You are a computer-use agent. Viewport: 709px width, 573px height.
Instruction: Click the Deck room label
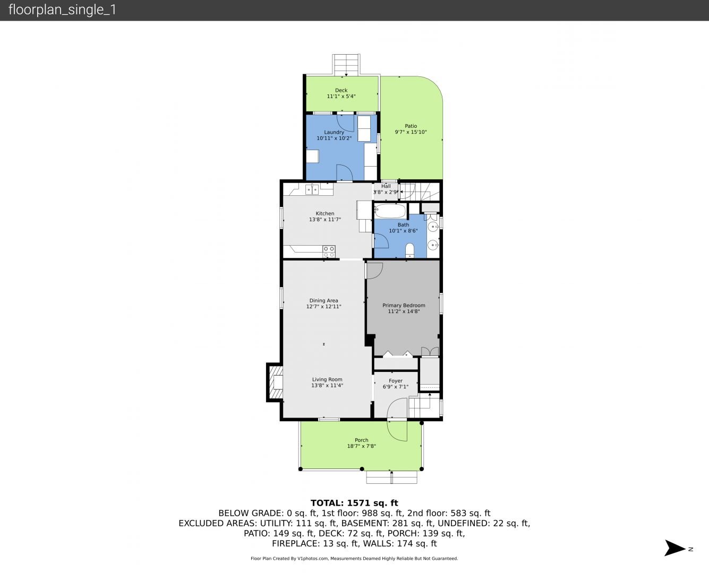pos(341,90)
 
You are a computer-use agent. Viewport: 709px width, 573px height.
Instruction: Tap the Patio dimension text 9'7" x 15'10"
pos(411,132)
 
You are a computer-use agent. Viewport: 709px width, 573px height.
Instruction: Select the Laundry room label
pos(334,132)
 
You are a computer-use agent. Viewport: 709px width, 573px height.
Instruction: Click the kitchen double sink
pos(312,189)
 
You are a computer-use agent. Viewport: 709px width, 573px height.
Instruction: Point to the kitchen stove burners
pos(329,251)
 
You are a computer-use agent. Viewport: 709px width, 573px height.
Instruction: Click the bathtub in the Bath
pos(390,211)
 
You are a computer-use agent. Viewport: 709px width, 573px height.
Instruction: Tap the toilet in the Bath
pos(410,251)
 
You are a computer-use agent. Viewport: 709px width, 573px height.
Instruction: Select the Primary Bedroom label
pos(404,305)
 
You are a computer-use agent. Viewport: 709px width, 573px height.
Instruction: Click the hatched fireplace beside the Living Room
pos(275,382)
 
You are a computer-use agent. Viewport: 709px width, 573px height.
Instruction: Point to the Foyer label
pos(396,381)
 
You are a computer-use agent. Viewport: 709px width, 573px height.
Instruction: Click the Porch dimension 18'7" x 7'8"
pos(362,446)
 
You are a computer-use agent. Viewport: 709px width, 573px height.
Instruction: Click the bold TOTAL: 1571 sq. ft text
pos(354,503)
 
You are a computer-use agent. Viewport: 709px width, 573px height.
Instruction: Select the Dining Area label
pos(323,301)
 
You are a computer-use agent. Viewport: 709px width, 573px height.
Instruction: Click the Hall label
pos(386,186)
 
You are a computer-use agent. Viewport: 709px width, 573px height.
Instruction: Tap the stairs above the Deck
pos(346,65)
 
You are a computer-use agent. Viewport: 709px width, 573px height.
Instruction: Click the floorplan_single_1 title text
pos(62,10)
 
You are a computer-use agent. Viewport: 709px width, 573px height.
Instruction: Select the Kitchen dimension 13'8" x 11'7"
pos(325,220)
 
